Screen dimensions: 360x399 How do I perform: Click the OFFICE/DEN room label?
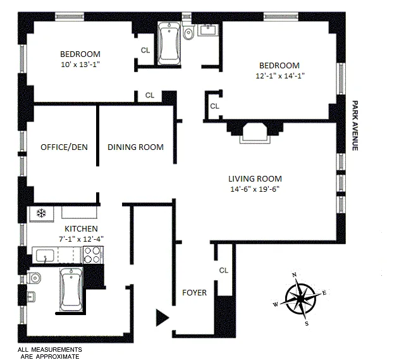pyautogui.click(x=64, y=147)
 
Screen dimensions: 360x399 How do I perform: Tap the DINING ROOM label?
pyautogui.click(x=135, y=147)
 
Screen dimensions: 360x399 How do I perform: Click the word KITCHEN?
pyautogui.click(x=81, y=228)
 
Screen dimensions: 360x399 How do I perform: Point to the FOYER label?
pyautogui.click(x=194, y=292)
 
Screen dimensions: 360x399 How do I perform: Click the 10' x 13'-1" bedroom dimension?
pyautogui.click(x=80, y=65)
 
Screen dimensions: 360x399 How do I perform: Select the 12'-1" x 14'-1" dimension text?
pyautogui.click(x=278, y=76)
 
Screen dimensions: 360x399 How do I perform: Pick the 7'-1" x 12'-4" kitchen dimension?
pyautogui.click(x=81, y=239)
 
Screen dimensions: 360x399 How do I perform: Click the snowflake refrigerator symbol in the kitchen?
pyautogui.click(x=42, y=213)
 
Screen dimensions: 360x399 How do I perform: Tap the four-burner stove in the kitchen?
pyautogui.click(x=92, y=254)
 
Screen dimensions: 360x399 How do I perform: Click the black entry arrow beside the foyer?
pyautogui.click(x=163, y=317)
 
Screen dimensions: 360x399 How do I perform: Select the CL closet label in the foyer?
pyautogui.click(x=223, y=270)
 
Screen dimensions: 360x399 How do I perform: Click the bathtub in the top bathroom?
pyautogui.click(x=169, y=43)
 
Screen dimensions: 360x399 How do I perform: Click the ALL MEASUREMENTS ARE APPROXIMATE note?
pyautogui.click(x=49, y=352)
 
